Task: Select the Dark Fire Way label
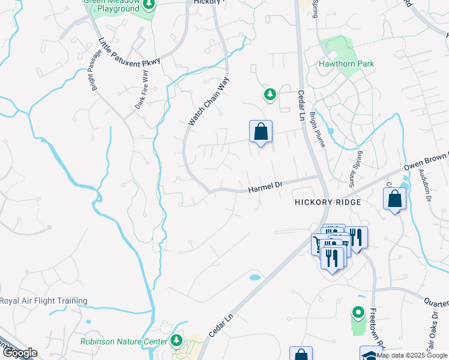(x=141, y=90)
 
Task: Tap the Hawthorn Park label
(x=346, y=64)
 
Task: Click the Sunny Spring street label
(x=354, y=169)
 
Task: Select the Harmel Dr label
(x=265, y=188)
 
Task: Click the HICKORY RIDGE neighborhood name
(x=328, y=203)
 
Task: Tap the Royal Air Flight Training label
(x=44, y=301)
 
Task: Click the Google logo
(x=19, y=353)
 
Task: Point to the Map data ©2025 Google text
(x=412, y=355)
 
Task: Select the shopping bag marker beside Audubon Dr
(x=395, y=199)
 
